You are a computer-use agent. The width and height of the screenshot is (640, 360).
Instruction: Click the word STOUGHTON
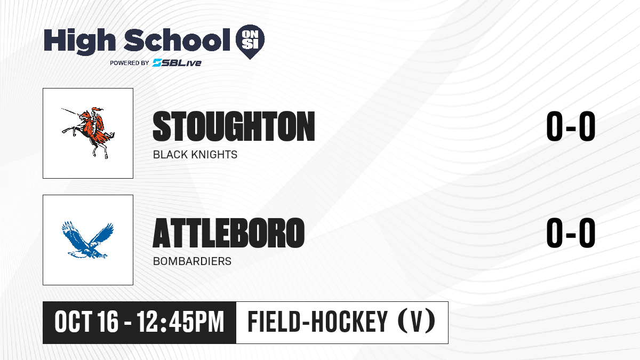234,126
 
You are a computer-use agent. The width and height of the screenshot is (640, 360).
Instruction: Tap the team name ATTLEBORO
229,233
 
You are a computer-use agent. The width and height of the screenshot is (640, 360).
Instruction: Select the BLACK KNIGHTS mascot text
195,155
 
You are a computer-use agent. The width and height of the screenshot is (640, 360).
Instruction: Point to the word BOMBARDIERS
192,261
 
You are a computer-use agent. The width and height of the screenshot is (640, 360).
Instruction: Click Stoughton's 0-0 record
571,126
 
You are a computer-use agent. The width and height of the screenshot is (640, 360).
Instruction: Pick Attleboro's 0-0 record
571,233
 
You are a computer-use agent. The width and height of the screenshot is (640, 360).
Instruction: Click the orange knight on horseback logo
89,133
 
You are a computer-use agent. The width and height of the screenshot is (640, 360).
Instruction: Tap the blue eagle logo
87,239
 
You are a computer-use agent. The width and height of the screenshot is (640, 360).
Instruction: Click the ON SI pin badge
250,42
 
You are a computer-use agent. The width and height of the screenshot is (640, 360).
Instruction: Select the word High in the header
79,42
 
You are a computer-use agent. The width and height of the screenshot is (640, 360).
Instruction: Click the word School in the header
177,40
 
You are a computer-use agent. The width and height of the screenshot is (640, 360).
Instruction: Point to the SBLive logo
177,63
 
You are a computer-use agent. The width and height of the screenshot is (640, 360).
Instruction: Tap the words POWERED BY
130,63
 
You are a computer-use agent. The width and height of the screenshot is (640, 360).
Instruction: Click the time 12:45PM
180,322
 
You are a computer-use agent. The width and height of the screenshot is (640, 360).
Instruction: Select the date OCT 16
86,322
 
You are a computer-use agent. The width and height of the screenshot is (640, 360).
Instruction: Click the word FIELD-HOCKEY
317,322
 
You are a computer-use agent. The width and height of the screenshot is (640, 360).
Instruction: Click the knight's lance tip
62,109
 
